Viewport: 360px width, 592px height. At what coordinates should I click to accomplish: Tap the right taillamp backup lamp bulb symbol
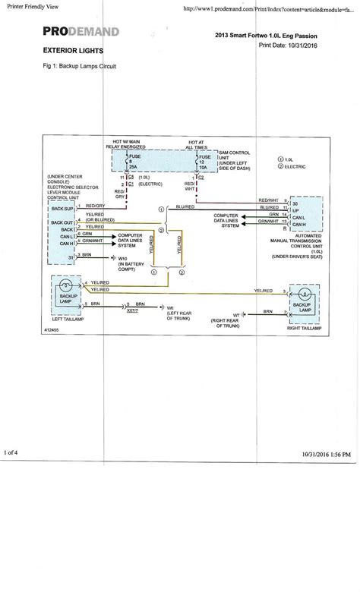(x=298, y=294)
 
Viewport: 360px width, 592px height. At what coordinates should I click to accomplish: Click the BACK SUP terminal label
(x=62, y=207)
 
